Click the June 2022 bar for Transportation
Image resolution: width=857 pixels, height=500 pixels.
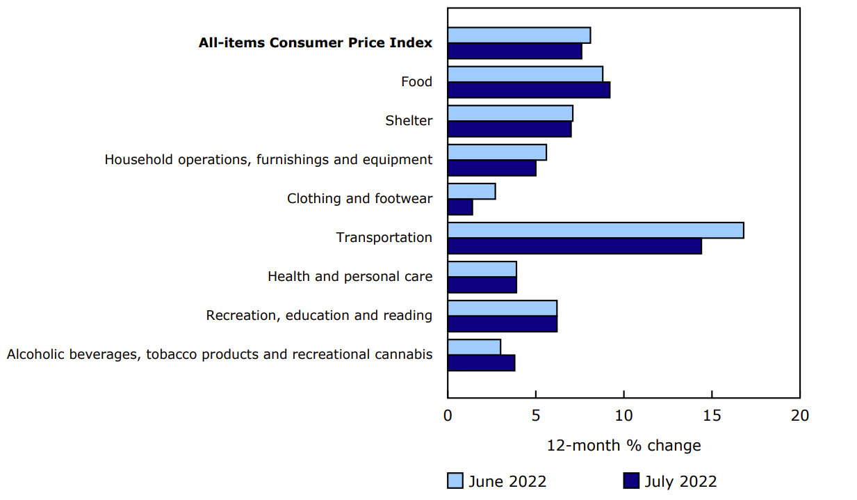point(596,230)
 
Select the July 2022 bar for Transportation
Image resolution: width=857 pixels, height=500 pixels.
point(575,246)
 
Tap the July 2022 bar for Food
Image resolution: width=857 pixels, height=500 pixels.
point(529,90)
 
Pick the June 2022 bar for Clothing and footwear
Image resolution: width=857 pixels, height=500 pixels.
point(472,191)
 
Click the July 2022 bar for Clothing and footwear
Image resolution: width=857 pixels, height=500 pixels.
point(460,207)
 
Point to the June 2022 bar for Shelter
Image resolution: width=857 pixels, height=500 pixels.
point(510,113)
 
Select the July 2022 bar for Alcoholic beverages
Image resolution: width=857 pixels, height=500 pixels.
point(482,363)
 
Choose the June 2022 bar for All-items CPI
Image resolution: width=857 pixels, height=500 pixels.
point(519,35)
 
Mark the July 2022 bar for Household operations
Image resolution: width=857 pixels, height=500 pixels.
point(492,168)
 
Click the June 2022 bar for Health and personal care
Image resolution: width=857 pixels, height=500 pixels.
point(482,269)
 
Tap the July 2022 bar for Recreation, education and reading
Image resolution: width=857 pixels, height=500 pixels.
point(503,324)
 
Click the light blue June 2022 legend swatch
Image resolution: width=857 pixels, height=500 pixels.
point(455,481)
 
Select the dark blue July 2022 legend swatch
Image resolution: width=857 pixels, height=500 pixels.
point(630,481)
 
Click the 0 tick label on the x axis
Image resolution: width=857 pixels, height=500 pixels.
point(448,416)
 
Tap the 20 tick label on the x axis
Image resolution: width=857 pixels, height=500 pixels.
point(800,416)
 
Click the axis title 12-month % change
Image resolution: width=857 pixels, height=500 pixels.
point(623,446)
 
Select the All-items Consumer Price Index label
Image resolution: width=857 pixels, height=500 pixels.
point(316,43)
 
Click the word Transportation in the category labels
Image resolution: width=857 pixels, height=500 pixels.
point(384,238)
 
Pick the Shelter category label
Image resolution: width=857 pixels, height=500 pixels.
point(409,121)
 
